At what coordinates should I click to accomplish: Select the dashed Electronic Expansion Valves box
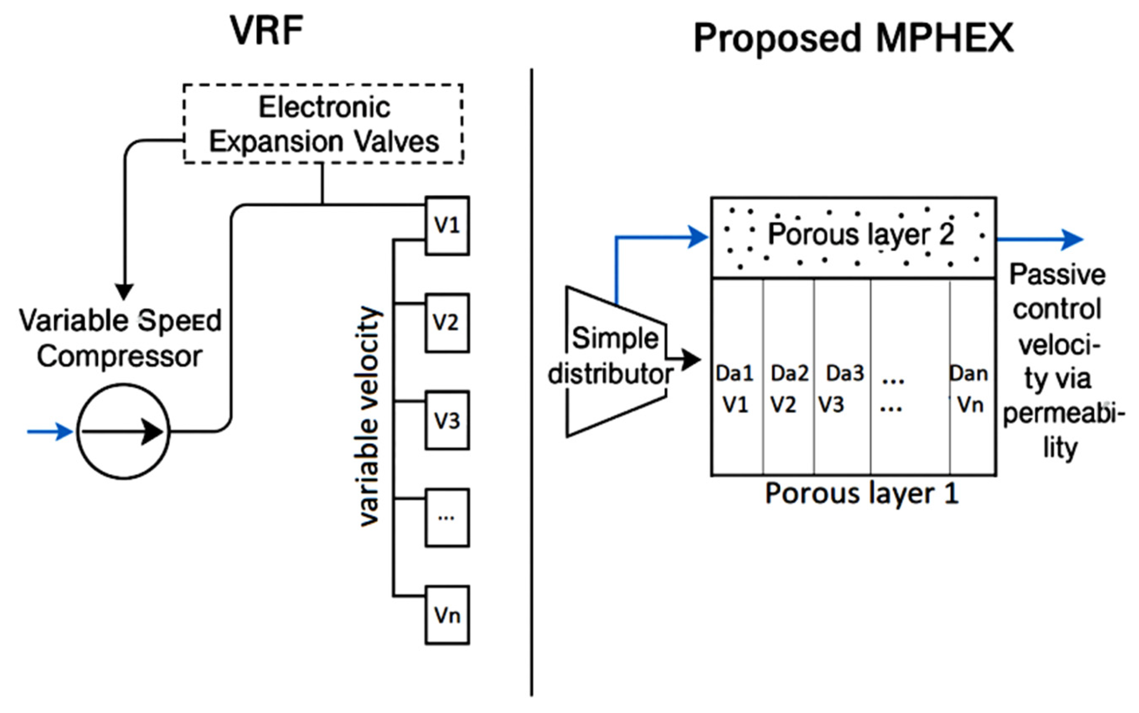pos(323,124)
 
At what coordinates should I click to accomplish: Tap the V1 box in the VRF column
pos(447,225)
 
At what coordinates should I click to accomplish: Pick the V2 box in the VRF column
pos(447,323)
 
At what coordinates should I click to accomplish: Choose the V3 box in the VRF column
pos(447,420)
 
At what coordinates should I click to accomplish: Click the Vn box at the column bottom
pos(447,615)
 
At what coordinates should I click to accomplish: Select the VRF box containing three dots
pos(447,518)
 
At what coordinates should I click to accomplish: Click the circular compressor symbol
pos(123,432)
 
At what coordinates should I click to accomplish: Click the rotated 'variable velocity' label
pos(369,416)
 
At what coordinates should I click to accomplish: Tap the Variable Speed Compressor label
pos(120,338)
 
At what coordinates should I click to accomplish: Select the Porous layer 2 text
pos(860,234)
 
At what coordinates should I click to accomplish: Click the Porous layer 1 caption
pos(861,494)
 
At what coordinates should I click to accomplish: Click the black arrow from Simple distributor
pos(685,360)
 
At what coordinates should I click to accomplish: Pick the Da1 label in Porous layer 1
pos(734,374)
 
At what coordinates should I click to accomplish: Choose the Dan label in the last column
pos(969,374)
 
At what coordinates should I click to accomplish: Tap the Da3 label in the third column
pos(845,374)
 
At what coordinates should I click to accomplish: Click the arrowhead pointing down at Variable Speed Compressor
pos(125,291)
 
